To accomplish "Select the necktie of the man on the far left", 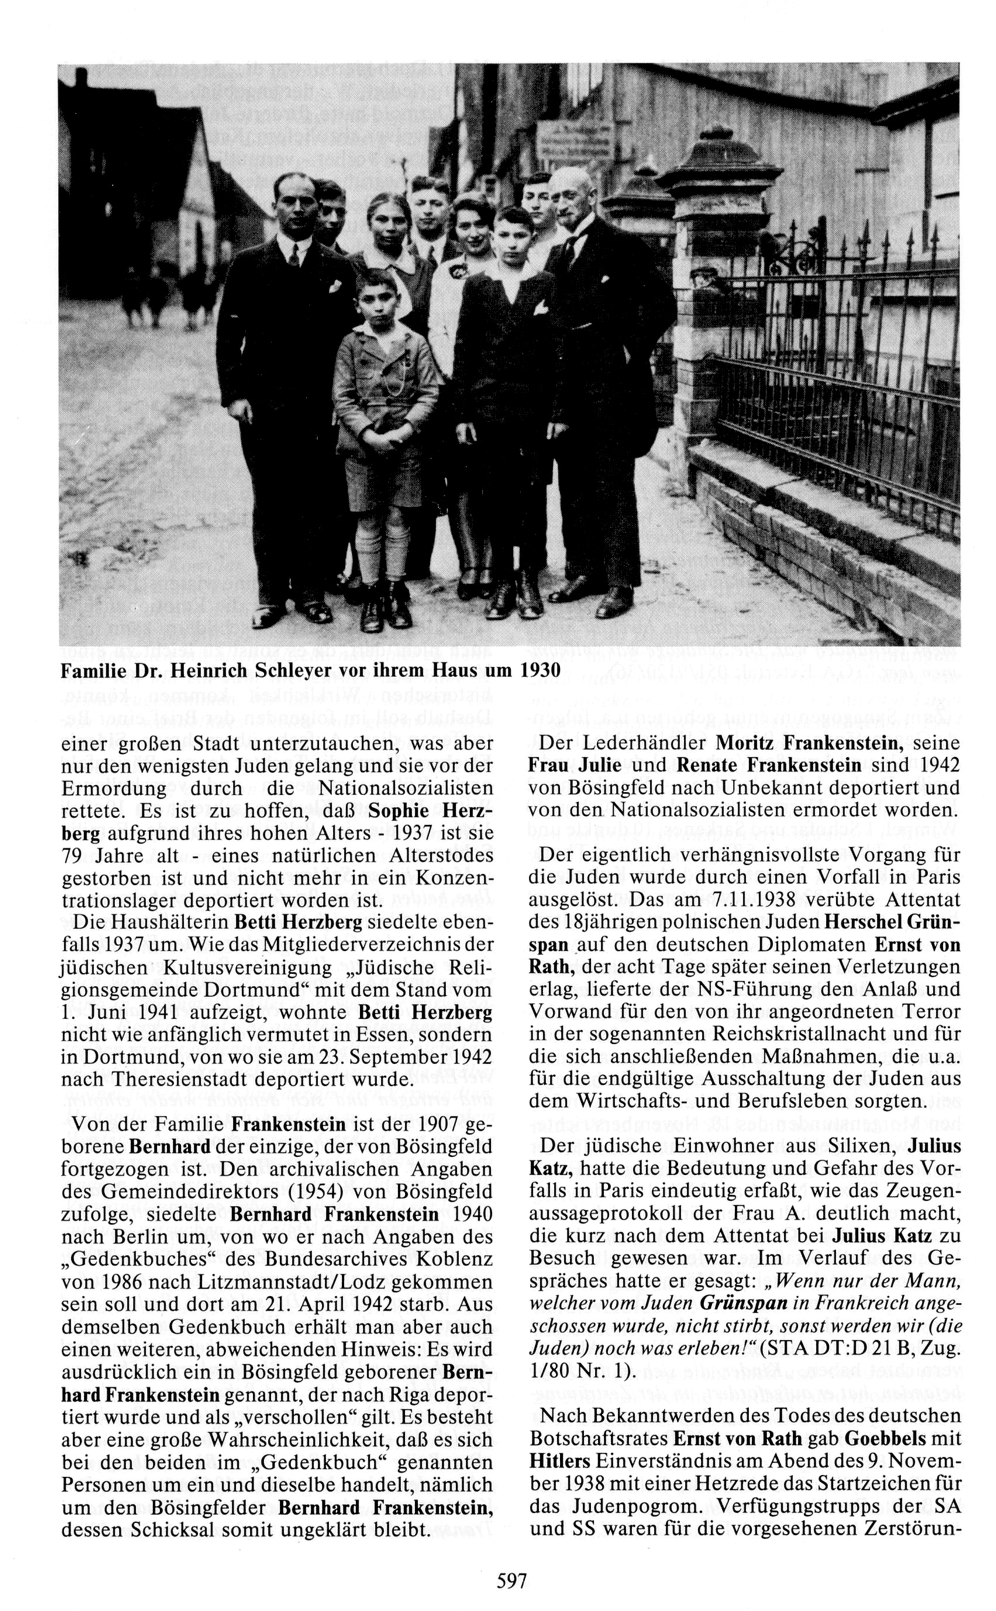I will coord(293,255).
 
